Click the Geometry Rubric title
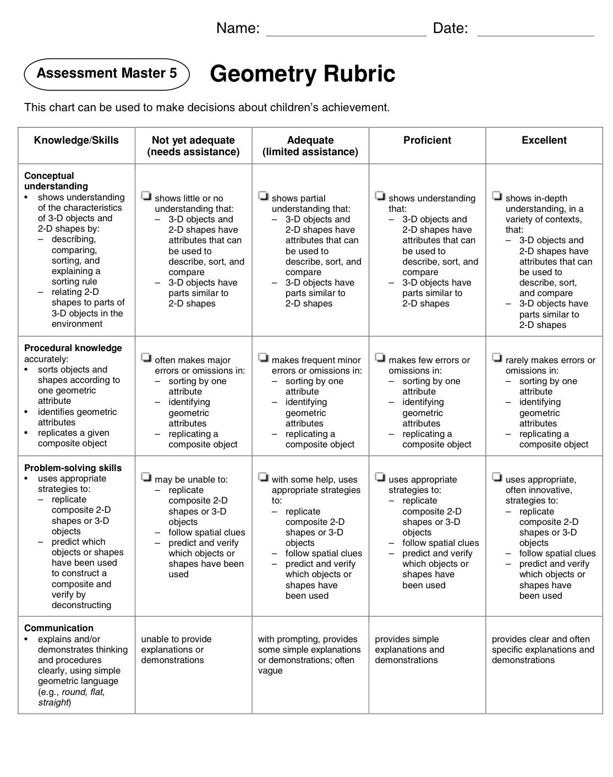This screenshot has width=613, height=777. [302, 74]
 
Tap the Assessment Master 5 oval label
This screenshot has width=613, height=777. [107, 73]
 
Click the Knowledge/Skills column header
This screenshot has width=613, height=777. [76, 140]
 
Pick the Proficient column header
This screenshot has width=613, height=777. [427, 140]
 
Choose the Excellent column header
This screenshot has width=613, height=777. [544, 140]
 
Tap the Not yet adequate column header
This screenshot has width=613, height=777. [193, 146]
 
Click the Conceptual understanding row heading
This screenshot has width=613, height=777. [56, 181]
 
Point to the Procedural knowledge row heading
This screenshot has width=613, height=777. [73, 348]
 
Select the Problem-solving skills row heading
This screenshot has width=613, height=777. [73, 468]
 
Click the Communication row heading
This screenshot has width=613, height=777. [59, 628]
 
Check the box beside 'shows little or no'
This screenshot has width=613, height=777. [146, 195]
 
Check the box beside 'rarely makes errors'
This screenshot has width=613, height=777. [497, 358]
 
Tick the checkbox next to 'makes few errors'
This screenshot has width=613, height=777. [380, 358]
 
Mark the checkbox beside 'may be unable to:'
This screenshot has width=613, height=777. [146, 477]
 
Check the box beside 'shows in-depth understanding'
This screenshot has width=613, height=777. [497, 195]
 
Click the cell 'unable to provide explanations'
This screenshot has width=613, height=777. [176, 649]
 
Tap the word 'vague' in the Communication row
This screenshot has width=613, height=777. [270, 671]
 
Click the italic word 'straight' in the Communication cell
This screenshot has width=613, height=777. [53, 703]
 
